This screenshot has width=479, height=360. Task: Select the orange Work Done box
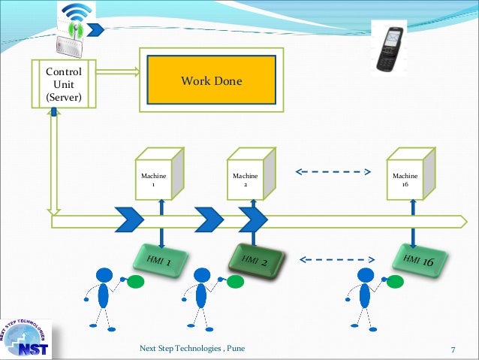click(211, 80)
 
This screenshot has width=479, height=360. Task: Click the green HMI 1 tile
click(160, 260)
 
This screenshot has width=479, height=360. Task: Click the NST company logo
click(26, 335)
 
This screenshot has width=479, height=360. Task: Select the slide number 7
click(453, 349)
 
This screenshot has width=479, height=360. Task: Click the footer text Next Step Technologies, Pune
click(192, 349)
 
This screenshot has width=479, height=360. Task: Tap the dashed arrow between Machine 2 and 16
click(333, 171)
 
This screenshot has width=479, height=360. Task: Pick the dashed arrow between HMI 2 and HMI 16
click(336, 261)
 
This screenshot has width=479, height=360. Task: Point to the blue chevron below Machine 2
click(253, 219)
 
